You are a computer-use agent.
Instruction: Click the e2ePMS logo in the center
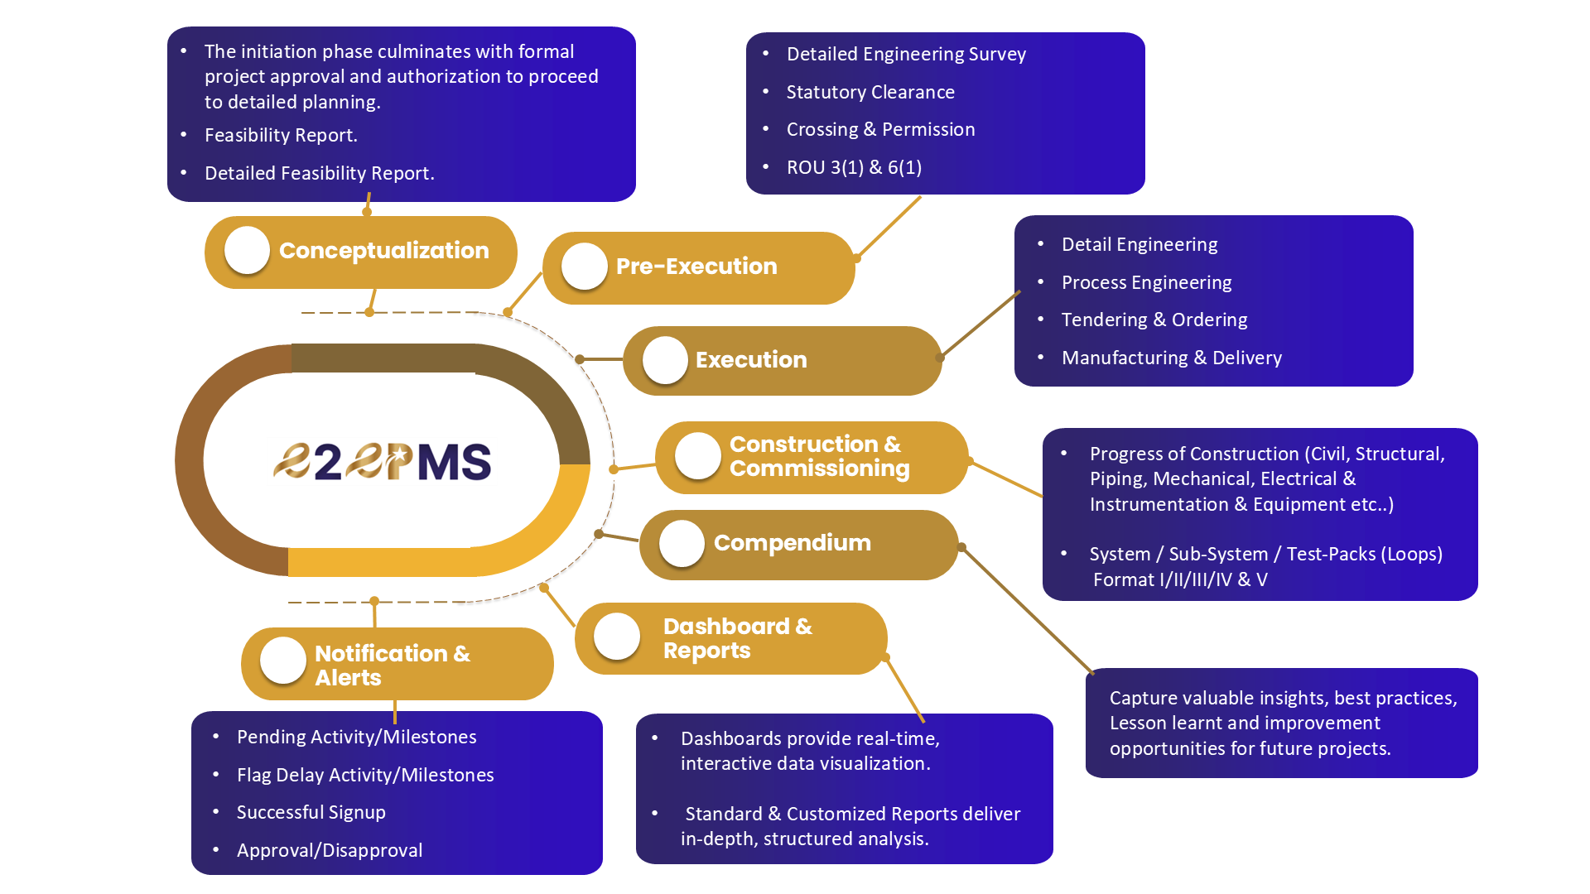click(x=383, y=461)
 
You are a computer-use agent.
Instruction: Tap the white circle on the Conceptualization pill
click(x=247, y=250)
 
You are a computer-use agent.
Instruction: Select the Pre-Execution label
click(x=696, y=267)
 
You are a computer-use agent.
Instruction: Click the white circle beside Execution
click(x=665, y=360)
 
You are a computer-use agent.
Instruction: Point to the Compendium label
click(x=792, y=543)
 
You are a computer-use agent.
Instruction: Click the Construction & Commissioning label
click(x=818, y=456)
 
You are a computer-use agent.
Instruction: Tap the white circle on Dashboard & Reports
click(x=617, y=637)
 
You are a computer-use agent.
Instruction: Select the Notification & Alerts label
click(x=392, y=665)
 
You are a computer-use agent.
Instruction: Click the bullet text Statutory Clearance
click(x=870, y=92)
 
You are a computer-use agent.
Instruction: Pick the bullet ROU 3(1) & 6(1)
click(x=854, y=167)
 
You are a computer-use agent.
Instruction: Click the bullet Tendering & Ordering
click(x=1154, y=320)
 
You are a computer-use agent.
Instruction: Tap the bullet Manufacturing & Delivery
click(x=1171, y=358)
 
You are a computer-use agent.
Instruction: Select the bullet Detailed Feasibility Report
click(x=319, y=173)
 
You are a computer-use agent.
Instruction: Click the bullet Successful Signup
click(x=311, y=812)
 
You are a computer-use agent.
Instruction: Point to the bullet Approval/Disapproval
click(x=329, y=850)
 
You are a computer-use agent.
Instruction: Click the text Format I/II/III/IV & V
click(x=1179, y=579)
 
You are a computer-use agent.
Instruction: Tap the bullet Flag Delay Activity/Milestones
click(x=364, y=775)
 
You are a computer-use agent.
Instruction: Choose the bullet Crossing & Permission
click(x=880, y=129)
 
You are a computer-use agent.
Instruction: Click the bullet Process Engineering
click(x=1146, y=282)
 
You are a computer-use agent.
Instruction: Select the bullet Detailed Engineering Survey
click(x=906, y=54)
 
